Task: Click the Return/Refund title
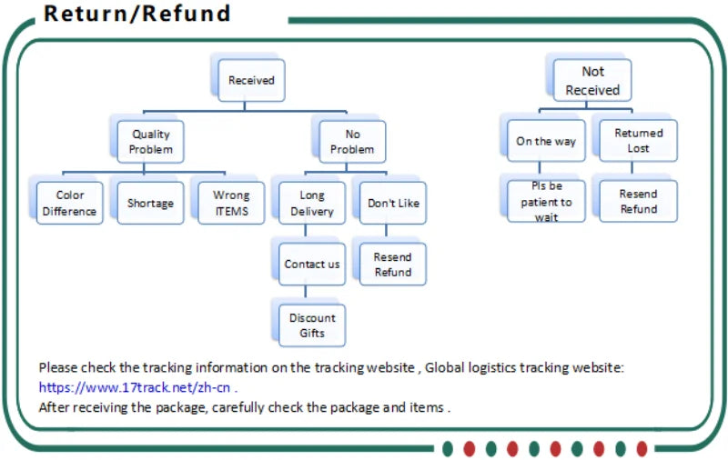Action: pyautogui.click(x=137, y=15)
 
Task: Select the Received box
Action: pyautogui.click(x=251, y=80)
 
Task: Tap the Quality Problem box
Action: pyautogui.click(x=150, y=141)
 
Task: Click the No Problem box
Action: pyautogui.click(x=351, y=141)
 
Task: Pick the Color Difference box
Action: pyautogui.click(x=69, y=203)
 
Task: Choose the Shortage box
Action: pyautogui.click(x=150, y=203)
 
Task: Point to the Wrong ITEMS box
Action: pyautogui.click(x=231, y=203)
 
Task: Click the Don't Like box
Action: pyautogui.click(x=393, y=203)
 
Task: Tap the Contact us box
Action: pyautogui.click(x=312, y=264)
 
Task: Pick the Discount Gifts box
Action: pyautogui.click(x=312, y=325)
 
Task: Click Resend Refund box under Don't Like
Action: pyautogui.click(x=393, y=264)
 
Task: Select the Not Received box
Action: pyautogui.click(x=592, y=80)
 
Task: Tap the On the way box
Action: pyautogui.click(x=546, y=141)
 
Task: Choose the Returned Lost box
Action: pyautogui.click(x=638, y=141)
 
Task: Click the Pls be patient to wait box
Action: pyautogui.click(x=546, y=202)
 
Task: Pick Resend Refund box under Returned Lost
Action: pyautogui.click(x=638, y=202)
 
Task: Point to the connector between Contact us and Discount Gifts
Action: pyautogui.click(x=312, y=294)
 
